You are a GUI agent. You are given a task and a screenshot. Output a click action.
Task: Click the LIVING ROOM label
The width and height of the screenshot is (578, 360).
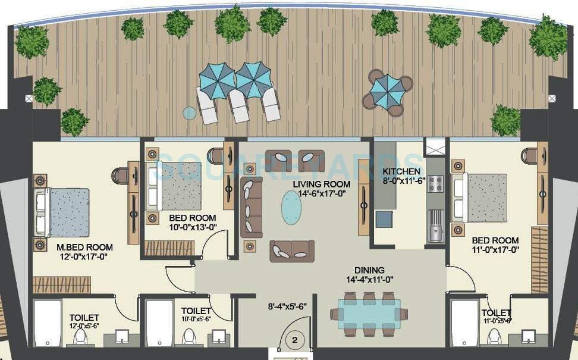point(319,183)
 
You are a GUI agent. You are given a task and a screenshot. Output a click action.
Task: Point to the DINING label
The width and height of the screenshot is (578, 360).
point(369,270)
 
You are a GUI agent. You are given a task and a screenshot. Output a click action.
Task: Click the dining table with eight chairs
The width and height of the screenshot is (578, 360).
point(369,313)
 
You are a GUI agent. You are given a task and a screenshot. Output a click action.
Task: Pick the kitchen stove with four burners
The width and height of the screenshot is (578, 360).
point(435,183)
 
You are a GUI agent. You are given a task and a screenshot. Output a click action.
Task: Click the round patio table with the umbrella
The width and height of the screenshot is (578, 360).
point(386,90)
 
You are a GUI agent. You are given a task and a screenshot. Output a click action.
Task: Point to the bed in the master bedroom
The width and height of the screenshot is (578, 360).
point(64,212)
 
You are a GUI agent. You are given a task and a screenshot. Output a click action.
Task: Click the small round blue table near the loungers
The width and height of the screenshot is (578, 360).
point(189,112)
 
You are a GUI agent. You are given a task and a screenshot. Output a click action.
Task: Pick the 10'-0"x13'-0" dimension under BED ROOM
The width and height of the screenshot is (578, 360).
point(191,227)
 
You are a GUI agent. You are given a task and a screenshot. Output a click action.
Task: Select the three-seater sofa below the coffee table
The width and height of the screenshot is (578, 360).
point(292,251)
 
